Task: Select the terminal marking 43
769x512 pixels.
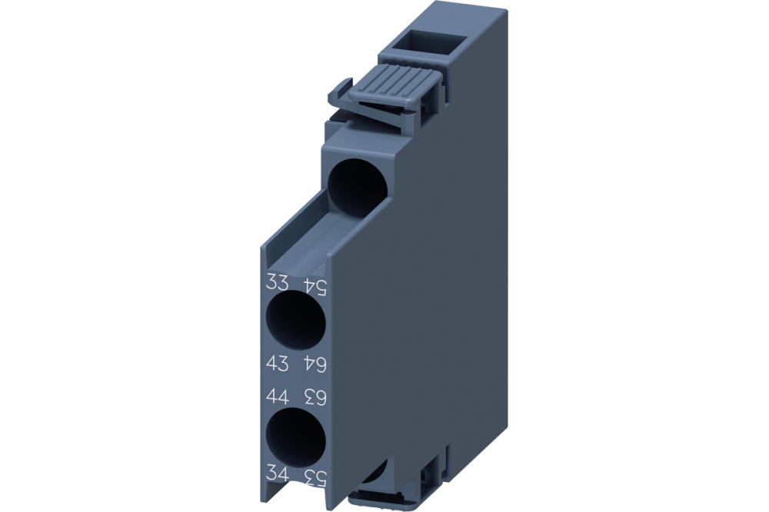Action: [x=277, y=360]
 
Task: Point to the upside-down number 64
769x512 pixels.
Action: [x=316, y=362]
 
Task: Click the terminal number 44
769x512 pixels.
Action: [x=277, y=397]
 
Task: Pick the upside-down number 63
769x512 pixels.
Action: [x=316, y=397]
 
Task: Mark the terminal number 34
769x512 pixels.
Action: [x=277, y=471]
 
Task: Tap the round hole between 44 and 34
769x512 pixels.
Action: [x=295, y=436]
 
